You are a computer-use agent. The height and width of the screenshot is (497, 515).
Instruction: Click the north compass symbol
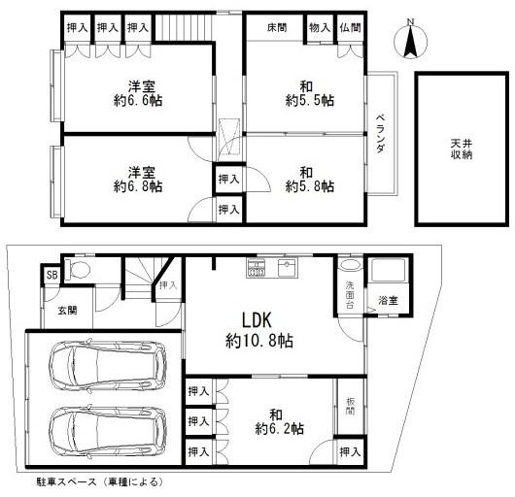pyautogui.click(x=410, y=41)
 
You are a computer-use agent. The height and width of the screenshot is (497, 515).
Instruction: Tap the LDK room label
pyautogui.click(x=257, y=320)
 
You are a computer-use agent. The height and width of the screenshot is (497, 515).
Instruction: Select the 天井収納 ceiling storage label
pyautogui.click(x=462, y=149)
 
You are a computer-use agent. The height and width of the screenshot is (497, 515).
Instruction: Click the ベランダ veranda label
pyautogui.click(x=380, y=134)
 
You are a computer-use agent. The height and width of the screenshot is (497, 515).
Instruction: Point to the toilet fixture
pyautogui.click(x=77, y=270)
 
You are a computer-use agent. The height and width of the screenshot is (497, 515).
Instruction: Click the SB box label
pyautogui.click(x=51, y=275)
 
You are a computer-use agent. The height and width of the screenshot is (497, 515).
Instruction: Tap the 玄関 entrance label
pyautogui.click(x=68, y=311)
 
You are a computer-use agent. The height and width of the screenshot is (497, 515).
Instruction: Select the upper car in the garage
pyautogui.click(x=108, y=365)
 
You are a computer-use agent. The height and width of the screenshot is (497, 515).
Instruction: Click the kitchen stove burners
pyautogui.click(x=257, y=268)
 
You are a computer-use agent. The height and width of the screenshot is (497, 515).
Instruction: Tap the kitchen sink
pyautogui.click(x=288, y=267)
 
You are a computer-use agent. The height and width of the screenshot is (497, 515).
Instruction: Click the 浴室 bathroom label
pyautogui.click(x=389, y=300)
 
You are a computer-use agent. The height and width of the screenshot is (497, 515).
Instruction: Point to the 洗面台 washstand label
pyautogui.click(x=350, y=295)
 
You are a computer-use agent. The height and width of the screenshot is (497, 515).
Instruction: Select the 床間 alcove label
pyautogui.click(x=277, y=28)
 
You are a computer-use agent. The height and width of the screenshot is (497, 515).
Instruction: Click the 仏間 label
pyautogui.click(x=351, y=28)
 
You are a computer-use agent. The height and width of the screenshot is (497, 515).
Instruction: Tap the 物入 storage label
pyautogui.click(x=320, y=28)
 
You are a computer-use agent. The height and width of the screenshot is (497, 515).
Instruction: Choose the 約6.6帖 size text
pyautogui.click(x=138, y=100)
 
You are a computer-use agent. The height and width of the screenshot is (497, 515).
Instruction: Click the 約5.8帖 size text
pyautogui.click(x=310, y=186)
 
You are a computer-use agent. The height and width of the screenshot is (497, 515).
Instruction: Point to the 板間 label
pyautogui.click(x=350, y=406)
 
